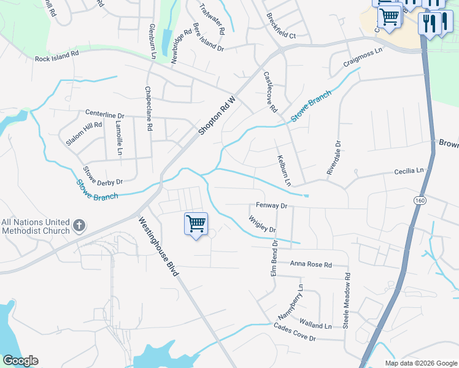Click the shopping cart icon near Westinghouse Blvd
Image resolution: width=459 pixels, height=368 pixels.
[196, 224]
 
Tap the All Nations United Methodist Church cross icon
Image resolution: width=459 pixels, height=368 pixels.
[79, 226]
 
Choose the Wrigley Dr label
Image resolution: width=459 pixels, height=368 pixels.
[262, 224]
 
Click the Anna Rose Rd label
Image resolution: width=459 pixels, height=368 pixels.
[310, 265]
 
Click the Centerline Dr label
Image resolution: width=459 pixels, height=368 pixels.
[104, 115]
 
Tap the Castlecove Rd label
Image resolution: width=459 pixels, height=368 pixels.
[270, 91]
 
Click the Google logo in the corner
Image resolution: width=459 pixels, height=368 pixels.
[20, 361]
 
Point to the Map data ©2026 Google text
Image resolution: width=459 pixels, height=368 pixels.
[421, 363]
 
